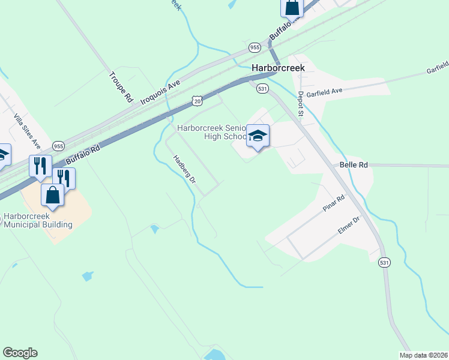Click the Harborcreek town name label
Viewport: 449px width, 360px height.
278,68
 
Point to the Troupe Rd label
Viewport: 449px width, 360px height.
120,86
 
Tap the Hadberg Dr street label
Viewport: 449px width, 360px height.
184,169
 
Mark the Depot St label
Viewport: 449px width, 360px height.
301,103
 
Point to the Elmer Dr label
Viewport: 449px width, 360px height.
348,225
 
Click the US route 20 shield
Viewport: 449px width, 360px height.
197,101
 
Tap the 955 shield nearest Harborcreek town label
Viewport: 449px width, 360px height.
255,47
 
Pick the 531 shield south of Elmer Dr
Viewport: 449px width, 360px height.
384,263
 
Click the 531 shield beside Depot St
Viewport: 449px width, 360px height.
262,88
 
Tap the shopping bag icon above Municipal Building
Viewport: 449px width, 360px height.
53,195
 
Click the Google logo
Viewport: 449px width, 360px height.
20,353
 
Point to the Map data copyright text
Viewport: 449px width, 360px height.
424,355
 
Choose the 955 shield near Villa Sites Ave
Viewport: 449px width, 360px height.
59,146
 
